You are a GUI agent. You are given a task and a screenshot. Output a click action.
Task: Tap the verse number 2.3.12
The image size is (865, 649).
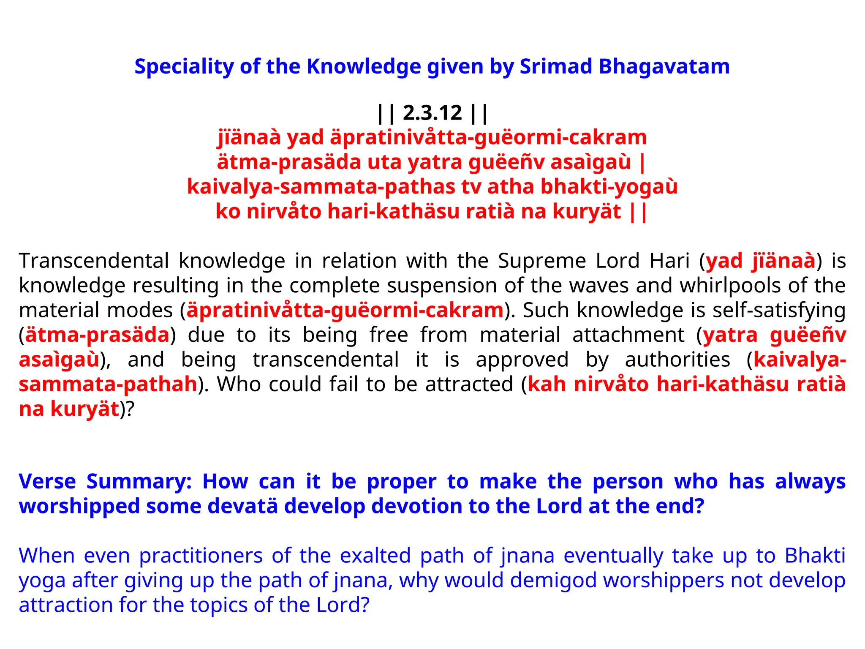coord(432,113)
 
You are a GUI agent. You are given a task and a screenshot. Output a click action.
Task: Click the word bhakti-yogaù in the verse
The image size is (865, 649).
coord(609,187)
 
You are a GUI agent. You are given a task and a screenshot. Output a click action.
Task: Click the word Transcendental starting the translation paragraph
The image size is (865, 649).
coord(94,261)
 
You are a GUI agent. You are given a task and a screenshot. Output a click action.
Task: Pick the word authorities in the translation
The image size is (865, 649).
coord(677,360)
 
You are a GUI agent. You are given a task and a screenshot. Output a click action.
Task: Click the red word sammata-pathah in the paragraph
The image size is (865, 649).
coord(108,384)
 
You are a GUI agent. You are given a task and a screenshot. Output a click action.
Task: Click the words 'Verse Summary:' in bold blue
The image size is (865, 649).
coord(105,482)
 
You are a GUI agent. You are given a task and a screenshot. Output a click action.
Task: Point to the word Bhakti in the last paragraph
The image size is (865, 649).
coord(815,556)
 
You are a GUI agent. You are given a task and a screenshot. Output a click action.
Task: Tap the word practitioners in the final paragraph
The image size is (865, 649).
coord(201,556)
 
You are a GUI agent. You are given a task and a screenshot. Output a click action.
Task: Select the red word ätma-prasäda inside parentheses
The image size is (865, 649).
coord(97,335)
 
